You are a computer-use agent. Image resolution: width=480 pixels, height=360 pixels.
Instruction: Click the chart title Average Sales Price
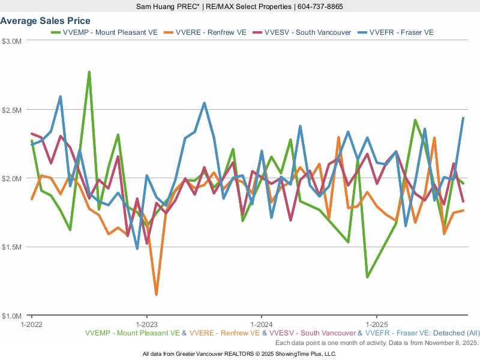[45, 21]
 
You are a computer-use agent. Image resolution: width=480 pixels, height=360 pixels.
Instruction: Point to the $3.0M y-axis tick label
[12, 41]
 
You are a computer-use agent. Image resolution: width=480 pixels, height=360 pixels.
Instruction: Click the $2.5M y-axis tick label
[12, 110]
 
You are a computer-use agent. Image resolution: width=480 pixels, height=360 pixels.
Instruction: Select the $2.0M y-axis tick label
[12, 179]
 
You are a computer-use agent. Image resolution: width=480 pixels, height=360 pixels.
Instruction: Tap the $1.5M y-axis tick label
[12, 247]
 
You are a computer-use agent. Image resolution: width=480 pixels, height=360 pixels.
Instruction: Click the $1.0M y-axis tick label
[12, 316]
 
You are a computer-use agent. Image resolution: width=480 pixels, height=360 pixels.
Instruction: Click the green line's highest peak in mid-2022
[89, 72]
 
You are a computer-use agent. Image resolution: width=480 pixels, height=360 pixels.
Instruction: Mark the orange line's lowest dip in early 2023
[156, 294]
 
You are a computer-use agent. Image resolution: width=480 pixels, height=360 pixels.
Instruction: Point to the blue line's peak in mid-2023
[204, 103]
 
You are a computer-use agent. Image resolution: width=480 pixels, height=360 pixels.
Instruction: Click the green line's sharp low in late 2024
[367, 277]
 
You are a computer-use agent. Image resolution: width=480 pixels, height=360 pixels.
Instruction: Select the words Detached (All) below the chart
[458, 333]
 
